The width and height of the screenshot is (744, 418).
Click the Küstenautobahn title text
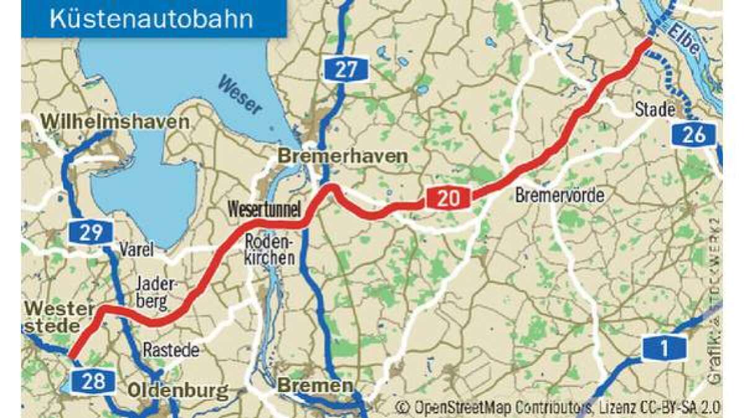click(x=151, y=19)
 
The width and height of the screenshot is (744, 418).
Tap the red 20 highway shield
click(x=448, y=199)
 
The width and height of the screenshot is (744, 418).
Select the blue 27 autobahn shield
click(x=346, y=69)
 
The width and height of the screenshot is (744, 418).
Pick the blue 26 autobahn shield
click(x=694, y=134)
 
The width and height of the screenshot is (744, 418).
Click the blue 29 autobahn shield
click(x=91, y=232)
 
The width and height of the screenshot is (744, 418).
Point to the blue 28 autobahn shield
click(x=93, y=381)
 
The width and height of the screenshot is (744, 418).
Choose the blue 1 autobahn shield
click(x=664, y=349)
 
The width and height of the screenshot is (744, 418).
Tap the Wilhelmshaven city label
click(x=115, y=121)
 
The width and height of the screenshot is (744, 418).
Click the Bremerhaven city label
click(x=342, y=156)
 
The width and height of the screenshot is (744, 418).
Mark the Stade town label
click(x=655, y=110)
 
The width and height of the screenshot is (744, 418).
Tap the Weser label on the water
click(x=241, y=94)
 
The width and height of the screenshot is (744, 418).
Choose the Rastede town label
click(x=171, y=350)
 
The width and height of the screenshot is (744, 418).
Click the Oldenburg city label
click(x=178, y=391)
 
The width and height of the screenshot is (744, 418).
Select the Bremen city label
click(x=315, y=386)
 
